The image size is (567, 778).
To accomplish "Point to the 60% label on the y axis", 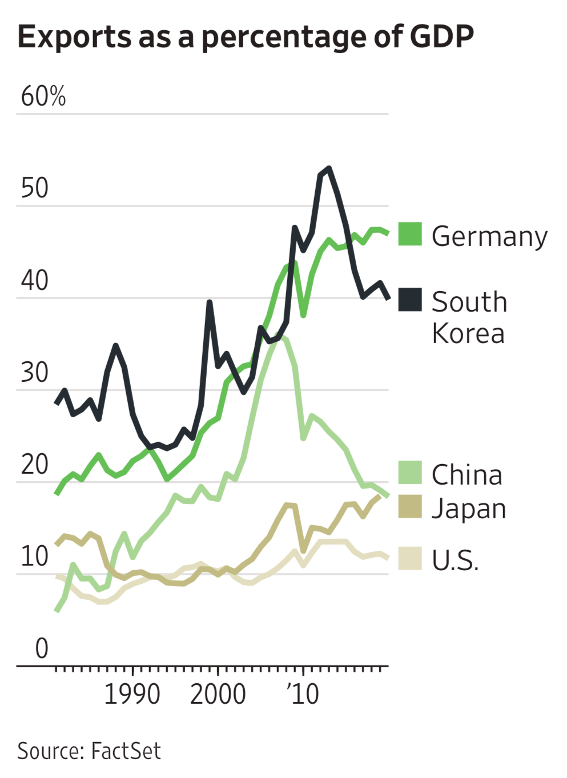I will click(43, 96).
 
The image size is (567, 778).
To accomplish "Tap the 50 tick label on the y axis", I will click(35, 188).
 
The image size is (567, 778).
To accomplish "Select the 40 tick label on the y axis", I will click(35, 281).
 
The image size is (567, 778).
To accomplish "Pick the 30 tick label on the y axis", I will click(35, 373).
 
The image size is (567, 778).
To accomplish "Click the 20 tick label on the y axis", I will click(35, 465).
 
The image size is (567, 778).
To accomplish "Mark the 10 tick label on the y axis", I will click(35, 557).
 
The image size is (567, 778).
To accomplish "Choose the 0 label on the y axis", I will click(42, 648).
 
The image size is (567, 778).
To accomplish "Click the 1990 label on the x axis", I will click(132, 695).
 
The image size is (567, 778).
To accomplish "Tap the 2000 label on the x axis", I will click(218, 695).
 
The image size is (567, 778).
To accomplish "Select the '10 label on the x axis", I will click(303, 695).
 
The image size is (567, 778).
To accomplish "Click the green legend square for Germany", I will click(410, 234).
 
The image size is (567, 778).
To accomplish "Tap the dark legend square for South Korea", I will click(410, 300).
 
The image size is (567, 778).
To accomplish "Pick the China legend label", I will click(467, 475).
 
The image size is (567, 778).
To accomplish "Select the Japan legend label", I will click(469, 509).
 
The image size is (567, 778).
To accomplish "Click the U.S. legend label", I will click(455, 561).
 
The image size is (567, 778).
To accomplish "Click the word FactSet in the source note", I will click(126, 751).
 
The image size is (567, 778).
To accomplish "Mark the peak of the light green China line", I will click(278, 335).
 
